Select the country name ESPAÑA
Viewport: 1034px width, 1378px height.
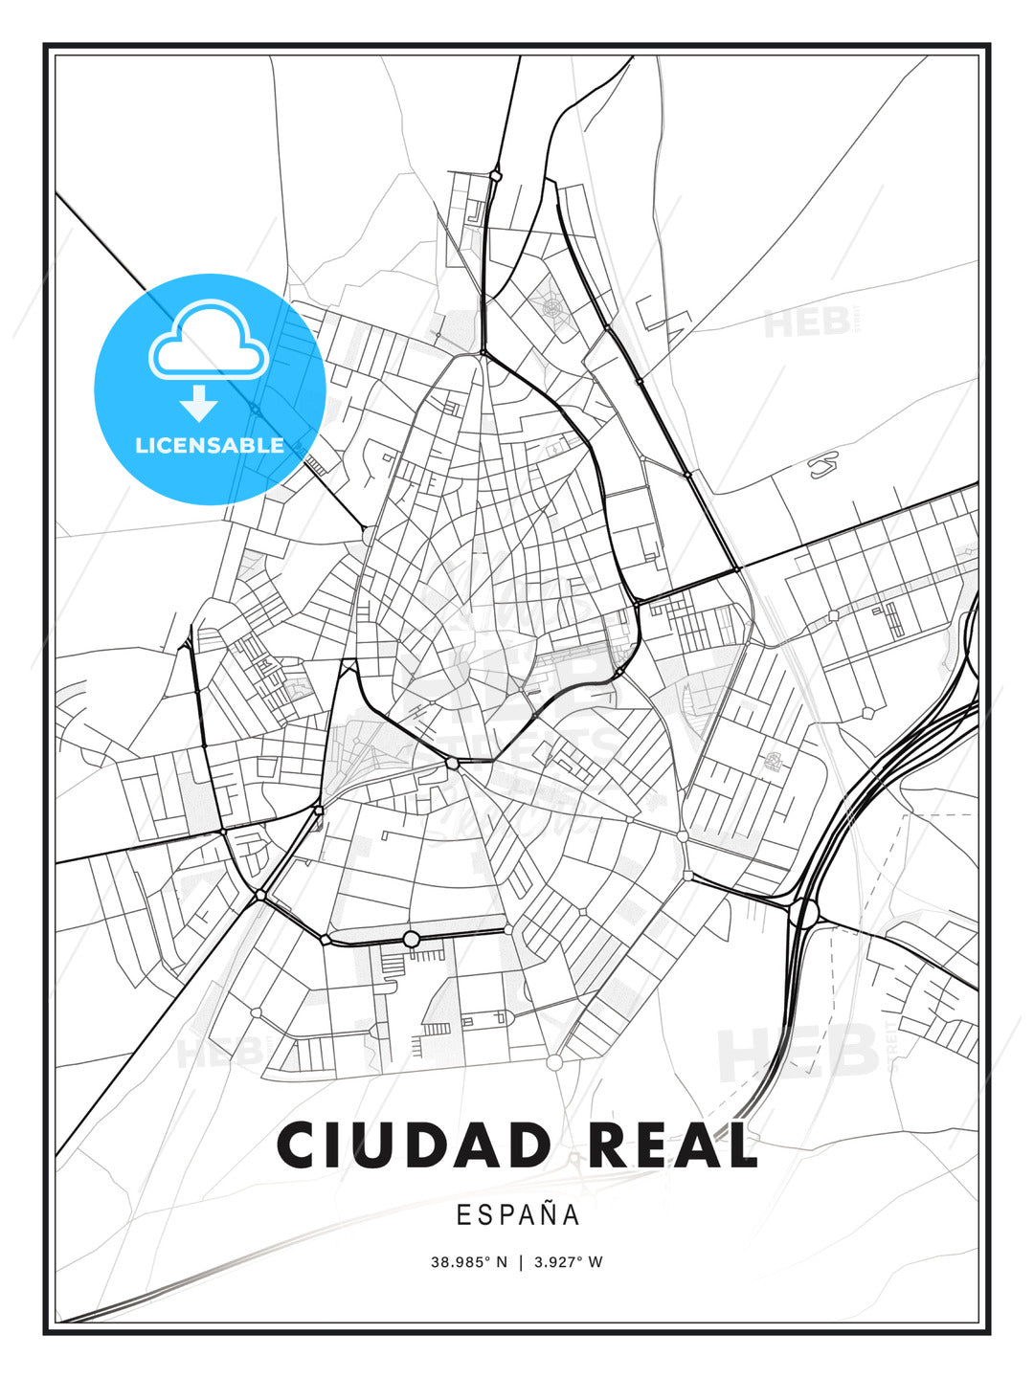[x=518, y=1214]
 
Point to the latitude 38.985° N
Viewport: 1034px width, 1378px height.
[x=468, y=1261]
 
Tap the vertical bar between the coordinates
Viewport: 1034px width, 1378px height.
[x=520, y=1261]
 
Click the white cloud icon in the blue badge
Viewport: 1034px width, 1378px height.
[x=208, y=342]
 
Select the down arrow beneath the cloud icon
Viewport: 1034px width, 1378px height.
[x=199, y=403]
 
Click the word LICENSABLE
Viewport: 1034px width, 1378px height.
[x=210, y=445]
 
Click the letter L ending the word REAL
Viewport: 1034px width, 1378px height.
[x=738, y=1145]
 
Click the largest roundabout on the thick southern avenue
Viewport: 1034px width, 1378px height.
[x=411, y=939]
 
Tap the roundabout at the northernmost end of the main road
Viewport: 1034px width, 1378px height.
[x=495, y=176]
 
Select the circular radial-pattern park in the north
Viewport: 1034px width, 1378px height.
[x=552, y=307]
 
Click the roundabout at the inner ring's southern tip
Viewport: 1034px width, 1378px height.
[x=452, y=763]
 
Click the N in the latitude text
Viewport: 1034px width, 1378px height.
[x=501, y=1261]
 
